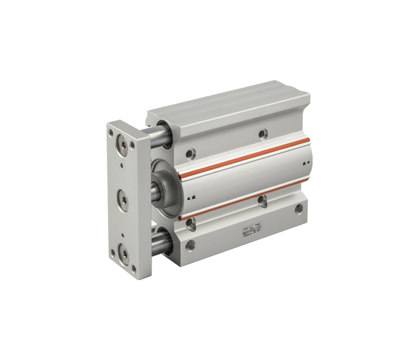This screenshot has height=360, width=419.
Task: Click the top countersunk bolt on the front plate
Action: point(122,145)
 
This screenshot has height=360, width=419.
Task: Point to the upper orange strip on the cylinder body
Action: point(244,158)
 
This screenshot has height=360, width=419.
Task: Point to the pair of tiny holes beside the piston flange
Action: point(191,197)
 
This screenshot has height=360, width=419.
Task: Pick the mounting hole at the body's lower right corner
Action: point(298,209)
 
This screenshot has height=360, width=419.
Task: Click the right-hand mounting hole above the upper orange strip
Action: point(263,133)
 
